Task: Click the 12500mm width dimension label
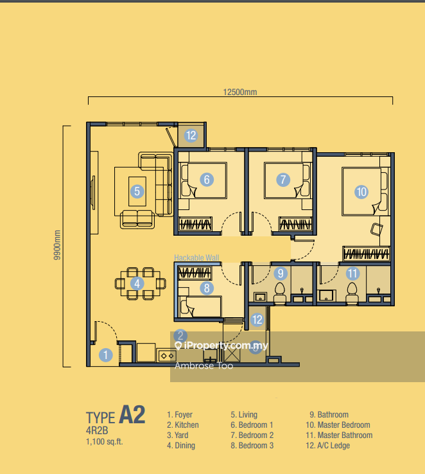click(x=240, y=92)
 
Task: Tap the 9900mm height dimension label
click(x=56, y=245)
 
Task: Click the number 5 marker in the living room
click(x=137, y=191)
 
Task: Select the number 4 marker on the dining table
click(x=137, y=283)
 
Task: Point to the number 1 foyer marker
click(x=106, y=355)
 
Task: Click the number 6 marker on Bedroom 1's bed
click(x=207, y=180)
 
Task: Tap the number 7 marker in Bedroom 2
click(x=283, y=180)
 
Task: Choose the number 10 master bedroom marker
click(x=361, y=191)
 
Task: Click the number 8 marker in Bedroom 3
click(x=207, y=288)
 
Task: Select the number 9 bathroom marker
click(x=281, y=273)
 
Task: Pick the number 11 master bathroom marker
click(x=352, y=273)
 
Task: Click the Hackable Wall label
click(x=196, y=258)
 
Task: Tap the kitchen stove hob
click(x=167, y=356)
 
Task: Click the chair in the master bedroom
click(x=376, y=229)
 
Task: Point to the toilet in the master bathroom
click(x=352, y=294)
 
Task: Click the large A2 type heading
click(x=132, y=415)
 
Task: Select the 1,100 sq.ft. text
click(x=105, y=442)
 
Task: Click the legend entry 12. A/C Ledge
click(x=327, y=445)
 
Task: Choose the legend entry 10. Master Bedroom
click(x=338, y=425)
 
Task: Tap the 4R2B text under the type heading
click(x=97, y=430)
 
